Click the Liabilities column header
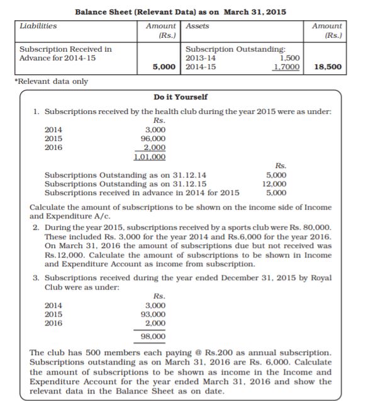tap(38, 26)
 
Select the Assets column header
tap(198, 26)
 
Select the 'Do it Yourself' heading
tap(181, 97)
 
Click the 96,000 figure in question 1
tap(153, 138)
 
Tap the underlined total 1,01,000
tap(150, 156)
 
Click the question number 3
tap(36, 278)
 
